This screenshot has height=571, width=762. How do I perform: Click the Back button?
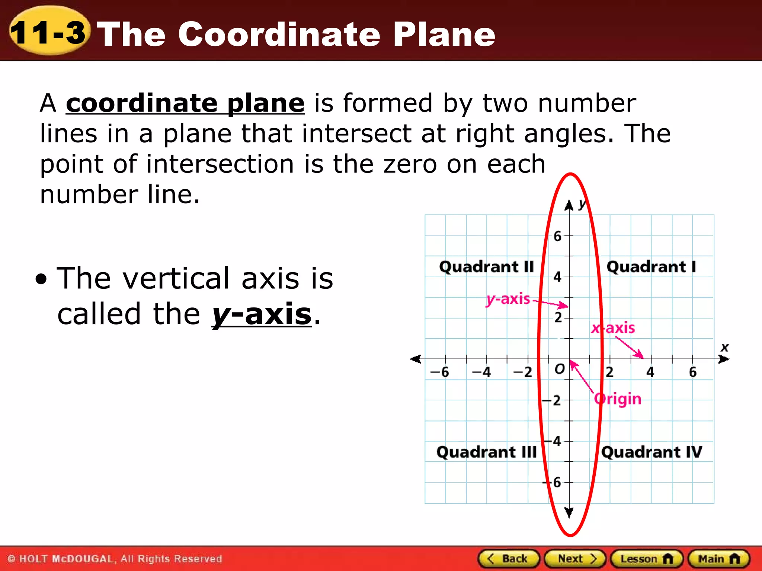(x=508, y=559)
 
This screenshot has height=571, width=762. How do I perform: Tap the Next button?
(x=575, y=559)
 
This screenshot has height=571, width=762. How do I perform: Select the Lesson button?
(x=647, y=559)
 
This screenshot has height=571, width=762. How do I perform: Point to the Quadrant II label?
(x=486, y=267)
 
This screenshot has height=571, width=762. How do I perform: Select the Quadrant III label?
(x=486, y=452)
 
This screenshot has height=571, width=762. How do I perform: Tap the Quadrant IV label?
(x=651, y=452)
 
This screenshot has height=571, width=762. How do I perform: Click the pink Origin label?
(x=618, y=399)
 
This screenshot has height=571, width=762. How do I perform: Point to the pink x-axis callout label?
(x=613, y=328)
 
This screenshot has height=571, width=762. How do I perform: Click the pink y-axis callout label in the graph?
(x=508, y=299)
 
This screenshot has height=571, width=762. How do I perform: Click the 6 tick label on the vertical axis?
(x=557, y=236)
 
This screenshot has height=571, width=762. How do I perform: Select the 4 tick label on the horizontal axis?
(x=650, y=372)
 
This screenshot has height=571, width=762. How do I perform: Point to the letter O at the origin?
(x=559, y=369)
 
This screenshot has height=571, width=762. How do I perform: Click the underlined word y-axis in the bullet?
(x=262, y=314)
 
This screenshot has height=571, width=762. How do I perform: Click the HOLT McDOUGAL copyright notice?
(x=115, y=559)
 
